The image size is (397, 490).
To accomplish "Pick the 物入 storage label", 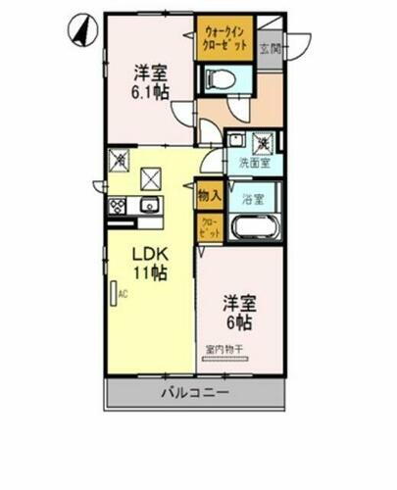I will tap(209, 196).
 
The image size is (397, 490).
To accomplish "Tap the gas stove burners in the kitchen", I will tap(118, 206).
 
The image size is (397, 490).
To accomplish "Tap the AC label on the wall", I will tap(124, 293).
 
